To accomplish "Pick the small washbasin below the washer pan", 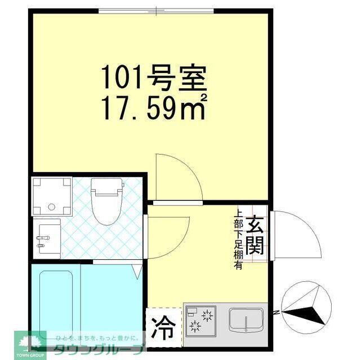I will click(47, 238).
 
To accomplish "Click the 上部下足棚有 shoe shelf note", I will click(239, 240).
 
